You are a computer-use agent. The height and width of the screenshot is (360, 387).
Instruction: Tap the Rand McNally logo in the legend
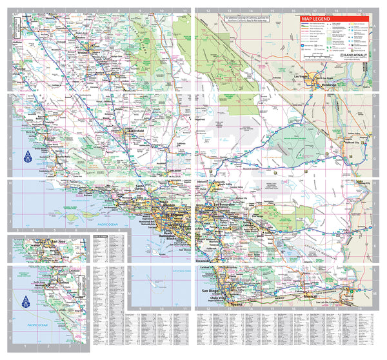[x=355, y=56]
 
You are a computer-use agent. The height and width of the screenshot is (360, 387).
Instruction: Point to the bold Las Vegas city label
[x=303, y=77]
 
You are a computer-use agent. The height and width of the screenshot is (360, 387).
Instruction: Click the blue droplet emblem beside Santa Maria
[x=28, y=156]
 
